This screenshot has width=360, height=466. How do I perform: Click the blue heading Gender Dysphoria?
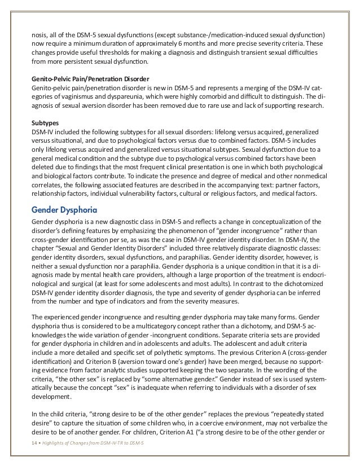point(63,210)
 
